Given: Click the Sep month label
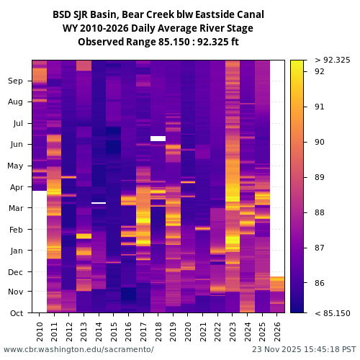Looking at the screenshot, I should point(16,81).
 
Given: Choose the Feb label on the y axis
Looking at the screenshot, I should point(16,230).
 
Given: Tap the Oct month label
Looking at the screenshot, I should point(16,313).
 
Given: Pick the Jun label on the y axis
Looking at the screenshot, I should point(16,145).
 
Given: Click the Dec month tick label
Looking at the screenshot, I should point(16,272).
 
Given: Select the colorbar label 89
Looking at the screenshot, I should point(320,177).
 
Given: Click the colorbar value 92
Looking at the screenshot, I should point(320,71).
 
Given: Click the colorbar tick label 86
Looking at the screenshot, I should point(320,284).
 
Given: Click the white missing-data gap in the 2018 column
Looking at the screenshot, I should point(158,138).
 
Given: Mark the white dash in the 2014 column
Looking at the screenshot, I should point(99,203).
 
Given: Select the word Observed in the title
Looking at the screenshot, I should point(102,42).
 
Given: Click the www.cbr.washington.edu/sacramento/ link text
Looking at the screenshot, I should point(78,350).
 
